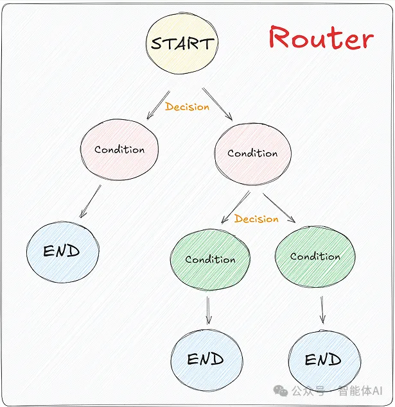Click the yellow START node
pyautogui.click(x=182, y=44)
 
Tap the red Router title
pyautogui.click(x=320, y=38)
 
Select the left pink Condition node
pyautogui.click(x=119, y=150)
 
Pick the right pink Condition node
pyautogui.click(x=252, y=154)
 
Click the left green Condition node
pyautogui.click(x=210, y=260)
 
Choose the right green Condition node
pyautogui.click(x=315, y=256)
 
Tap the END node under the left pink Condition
pyautogui.click(x=62, y=251)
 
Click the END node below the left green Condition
pyautogui.click(x=206, y=360)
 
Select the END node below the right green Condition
pyautogui.click(x=323, y=360)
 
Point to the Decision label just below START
pyautogui.click(x=187, y=107)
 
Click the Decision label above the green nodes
pyautogui.click(x=256, y=219)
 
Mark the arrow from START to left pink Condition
pyautogui.click(x=158, y=104)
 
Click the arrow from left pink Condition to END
pyautogui.click(x=90, y=202)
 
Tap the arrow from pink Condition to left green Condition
pyautogui.click(x=234, y=206)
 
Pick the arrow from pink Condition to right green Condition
pyautogui.click(x=279, y=208)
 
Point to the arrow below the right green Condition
pyautogui.click(x=322, y=309)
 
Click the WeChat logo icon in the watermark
pyautogui.click(x=281, y=390)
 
